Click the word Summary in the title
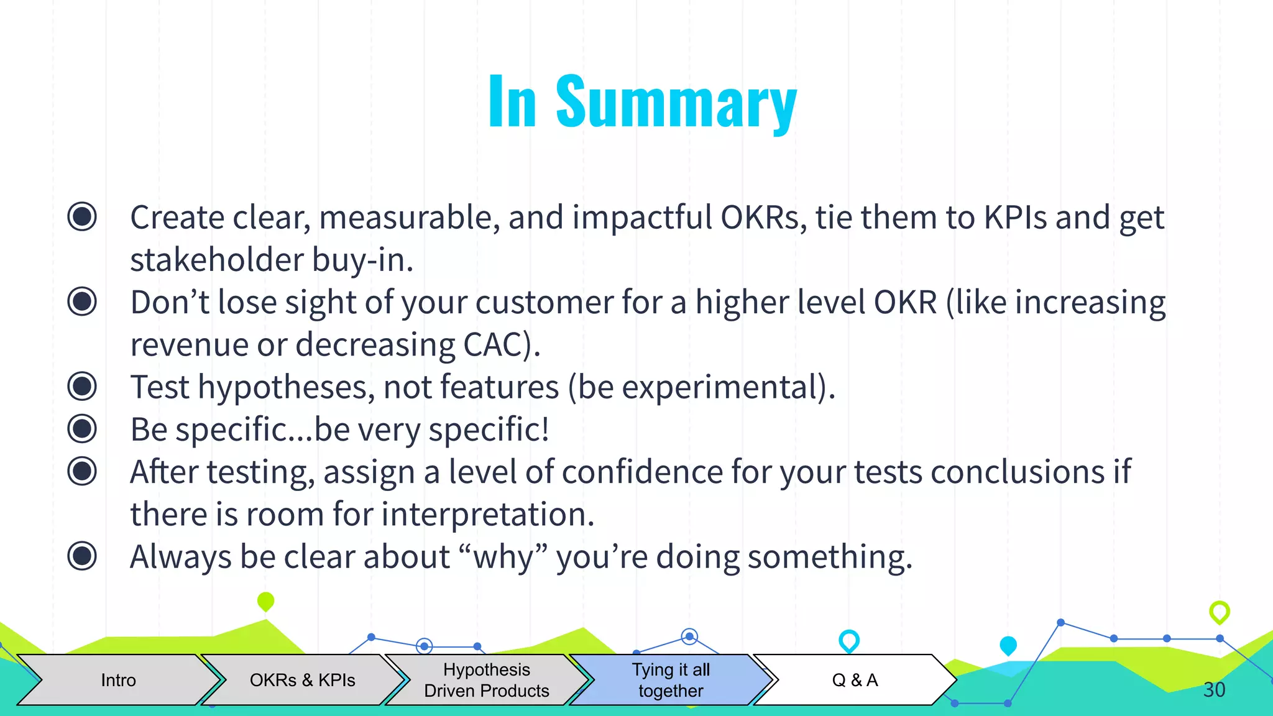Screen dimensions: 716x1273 [676, 103]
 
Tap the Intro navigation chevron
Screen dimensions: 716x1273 [118, 680]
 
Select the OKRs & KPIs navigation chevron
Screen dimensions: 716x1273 [302, 680]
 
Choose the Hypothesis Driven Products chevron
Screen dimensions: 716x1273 [486, 680]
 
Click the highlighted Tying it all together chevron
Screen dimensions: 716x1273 [670, 680]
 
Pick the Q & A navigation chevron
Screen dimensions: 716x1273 [855, 680]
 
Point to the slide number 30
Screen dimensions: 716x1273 [1214, 689]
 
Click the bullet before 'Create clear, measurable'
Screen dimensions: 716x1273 [82, 217]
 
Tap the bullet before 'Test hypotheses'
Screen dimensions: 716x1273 [82, 387]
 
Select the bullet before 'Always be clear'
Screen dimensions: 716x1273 [82, 556]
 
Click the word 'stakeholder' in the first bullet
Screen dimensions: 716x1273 [217, 260]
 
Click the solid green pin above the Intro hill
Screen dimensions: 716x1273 [265, 601]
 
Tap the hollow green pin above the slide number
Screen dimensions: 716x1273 [1219, 612]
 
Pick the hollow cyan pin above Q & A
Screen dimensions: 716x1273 [848, 640]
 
